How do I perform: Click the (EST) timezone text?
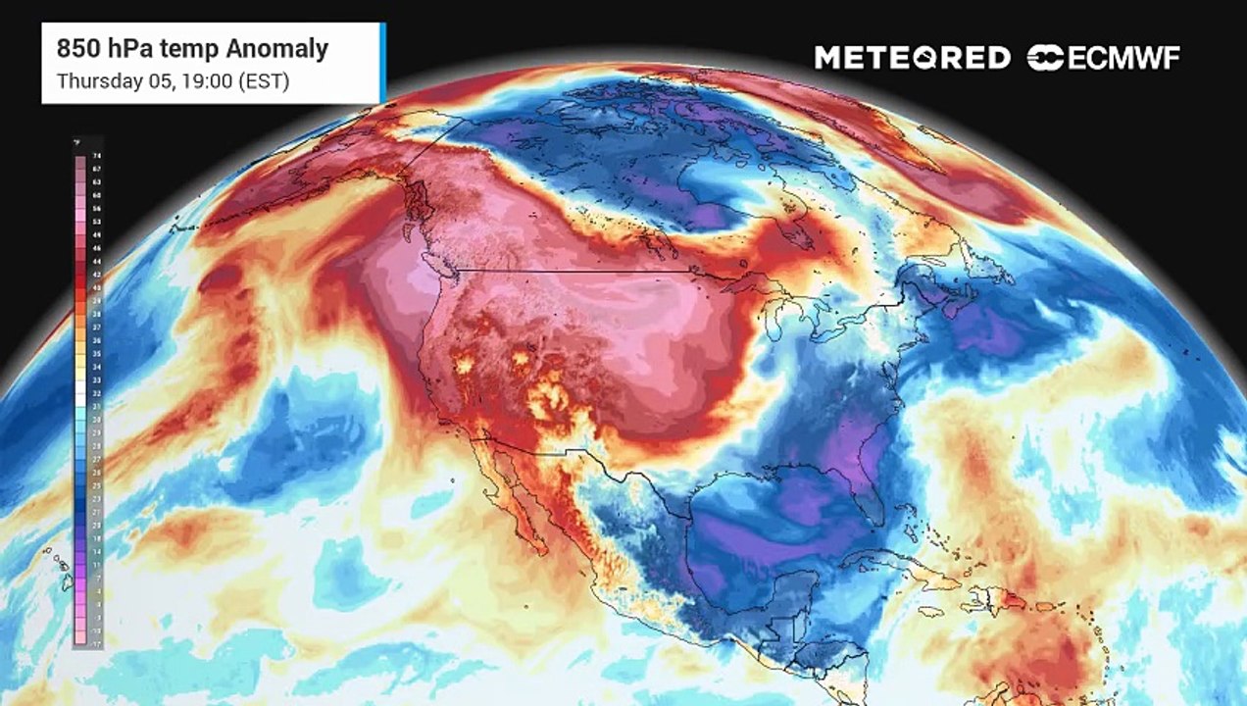click(x=263, y=81)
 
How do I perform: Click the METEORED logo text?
click(x=912, y=58)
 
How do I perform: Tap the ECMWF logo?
click(x=1104, y=58)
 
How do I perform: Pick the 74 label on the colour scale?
click(x=96, y=156)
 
